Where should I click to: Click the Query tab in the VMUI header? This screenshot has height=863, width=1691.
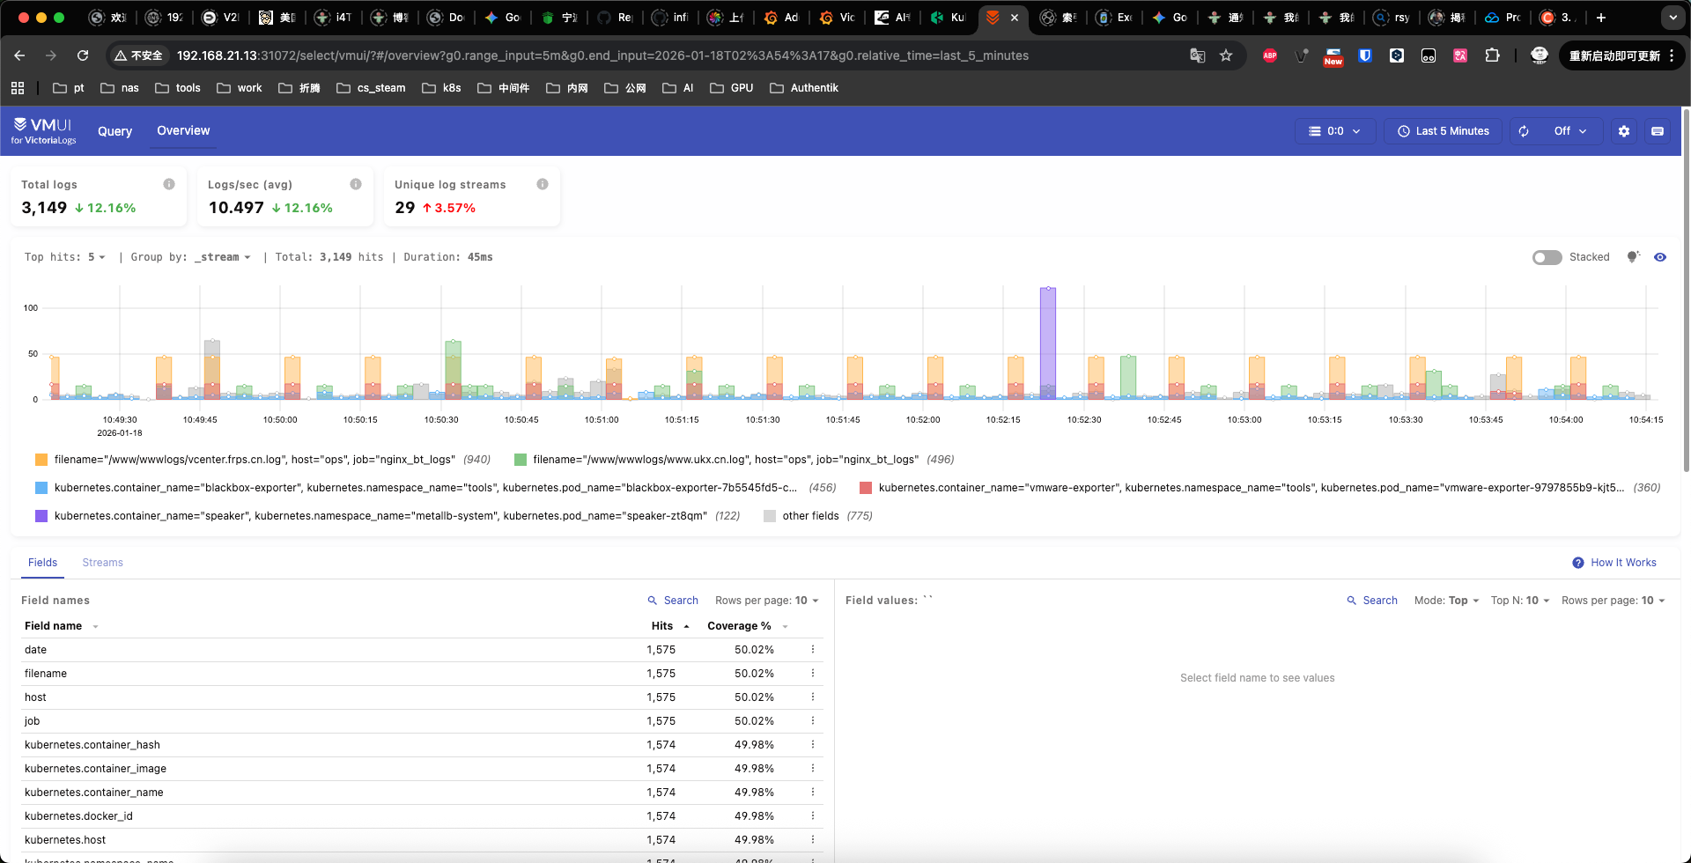pos(114,131)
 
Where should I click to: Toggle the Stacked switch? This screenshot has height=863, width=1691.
pos(1547,257)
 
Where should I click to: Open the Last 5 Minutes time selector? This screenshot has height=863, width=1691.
pos(1443,131)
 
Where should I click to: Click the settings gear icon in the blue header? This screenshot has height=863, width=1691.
pos(1623,131)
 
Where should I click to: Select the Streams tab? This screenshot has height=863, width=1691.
pos(102,563)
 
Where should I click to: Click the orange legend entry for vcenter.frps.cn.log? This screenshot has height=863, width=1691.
pos(254,460)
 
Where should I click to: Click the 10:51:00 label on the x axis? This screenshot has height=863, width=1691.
pos(602,420)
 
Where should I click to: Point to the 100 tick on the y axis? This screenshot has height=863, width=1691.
pos(31,308)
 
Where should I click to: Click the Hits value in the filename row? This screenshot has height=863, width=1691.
pos(661,674)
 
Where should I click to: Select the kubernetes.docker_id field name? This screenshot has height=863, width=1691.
pos(78,816)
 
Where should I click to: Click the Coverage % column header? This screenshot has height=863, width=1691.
pos(738,626)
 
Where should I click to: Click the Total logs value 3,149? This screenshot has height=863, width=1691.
pos(44,208)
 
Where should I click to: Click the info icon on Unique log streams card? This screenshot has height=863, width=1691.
pos(543,184)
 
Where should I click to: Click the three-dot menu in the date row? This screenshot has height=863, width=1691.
pos(812,650)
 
